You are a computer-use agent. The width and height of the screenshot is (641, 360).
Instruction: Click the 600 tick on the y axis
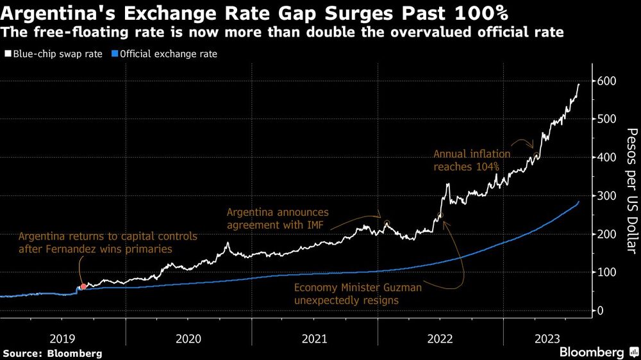pos(606,81)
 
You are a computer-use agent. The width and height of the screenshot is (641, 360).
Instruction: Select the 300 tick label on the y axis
pos(606,195)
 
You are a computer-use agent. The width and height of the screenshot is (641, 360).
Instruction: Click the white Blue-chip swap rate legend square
pos(7,54)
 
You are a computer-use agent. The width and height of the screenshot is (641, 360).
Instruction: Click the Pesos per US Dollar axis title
pos(631,189)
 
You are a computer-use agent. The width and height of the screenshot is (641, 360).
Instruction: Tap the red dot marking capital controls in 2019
pos(83,286)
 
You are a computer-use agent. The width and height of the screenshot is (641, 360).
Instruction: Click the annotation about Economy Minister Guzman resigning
pos(358,294)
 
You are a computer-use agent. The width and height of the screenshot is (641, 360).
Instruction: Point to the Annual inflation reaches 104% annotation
pos(472,160)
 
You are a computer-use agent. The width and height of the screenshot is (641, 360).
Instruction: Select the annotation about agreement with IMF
pos(278,218)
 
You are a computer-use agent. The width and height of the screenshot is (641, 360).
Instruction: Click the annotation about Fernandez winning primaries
pos(108,243)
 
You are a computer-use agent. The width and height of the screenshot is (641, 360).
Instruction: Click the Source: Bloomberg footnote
pos(53,353)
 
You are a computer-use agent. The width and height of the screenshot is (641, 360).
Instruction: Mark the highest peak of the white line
pos(579,85)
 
